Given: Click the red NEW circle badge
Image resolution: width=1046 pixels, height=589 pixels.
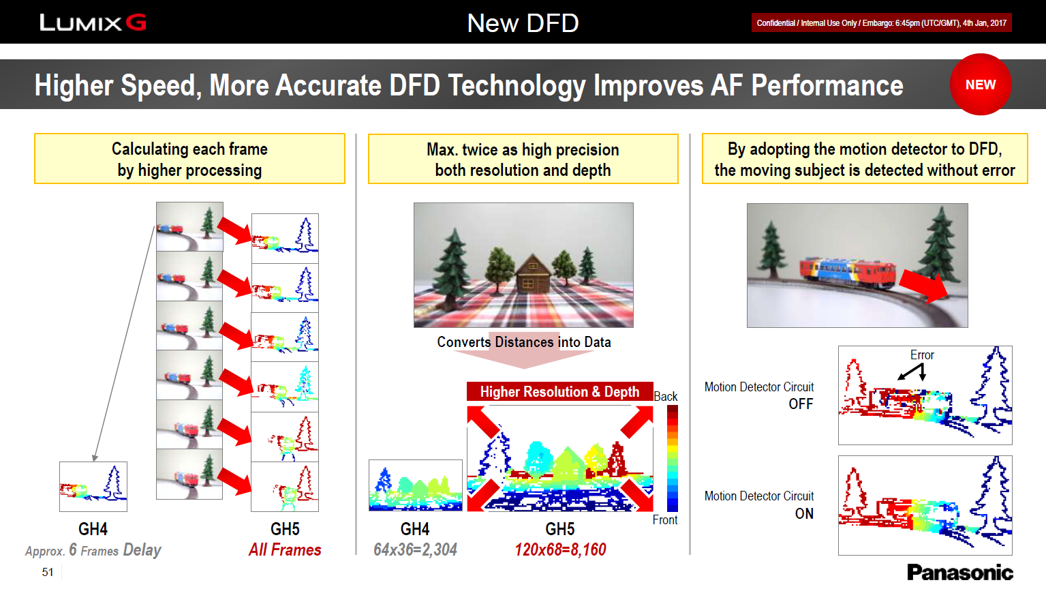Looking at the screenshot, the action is [x=981, y=85].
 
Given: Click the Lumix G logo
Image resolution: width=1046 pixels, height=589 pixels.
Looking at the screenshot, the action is [x=93, y=22].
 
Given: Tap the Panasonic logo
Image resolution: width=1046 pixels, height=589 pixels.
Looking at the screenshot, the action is [x=960, y=572].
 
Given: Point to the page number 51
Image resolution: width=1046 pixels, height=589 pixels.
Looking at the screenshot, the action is [x=48, y=572].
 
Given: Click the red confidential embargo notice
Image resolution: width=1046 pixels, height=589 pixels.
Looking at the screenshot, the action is [x=882, y=23].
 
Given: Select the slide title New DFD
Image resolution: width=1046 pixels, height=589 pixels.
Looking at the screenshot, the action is [x=523, y=23].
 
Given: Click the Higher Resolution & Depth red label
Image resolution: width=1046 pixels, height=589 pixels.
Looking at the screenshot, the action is [x=559, y=391].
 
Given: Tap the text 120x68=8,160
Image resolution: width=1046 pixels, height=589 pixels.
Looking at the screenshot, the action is [x=560, y=549].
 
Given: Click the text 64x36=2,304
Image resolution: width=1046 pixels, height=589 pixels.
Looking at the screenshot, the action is [x=415, y=549].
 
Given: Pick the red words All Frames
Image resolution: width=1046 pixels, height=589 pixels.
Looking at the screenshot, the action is [x=285, y=549].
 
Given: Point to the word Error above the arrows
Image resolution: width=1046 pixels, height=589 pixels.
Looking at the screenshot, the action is [x=922, y=355].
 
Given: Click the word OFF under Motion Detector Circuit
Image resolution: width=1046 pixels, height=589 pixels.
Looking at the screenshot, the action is [x=801, y=404].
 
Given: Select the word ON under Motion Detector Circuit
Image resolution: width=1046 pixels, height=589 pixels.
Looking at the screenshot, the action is [x=804, y=514].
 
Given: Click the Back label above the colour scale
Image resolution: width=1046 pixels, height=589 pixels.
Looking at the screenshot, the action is [x=666, y=397].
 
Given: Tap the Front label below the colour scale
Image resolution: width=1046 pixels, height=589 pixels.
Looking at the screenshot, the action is [x=665, y=520].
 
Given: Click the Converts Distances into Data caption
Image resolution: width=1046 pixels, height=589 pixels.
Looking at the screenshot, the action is [x=524, y=342].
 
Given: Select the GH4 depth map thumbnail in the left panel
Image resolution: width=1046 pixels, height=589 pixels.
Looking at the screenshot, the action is [x=93, y=487].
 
